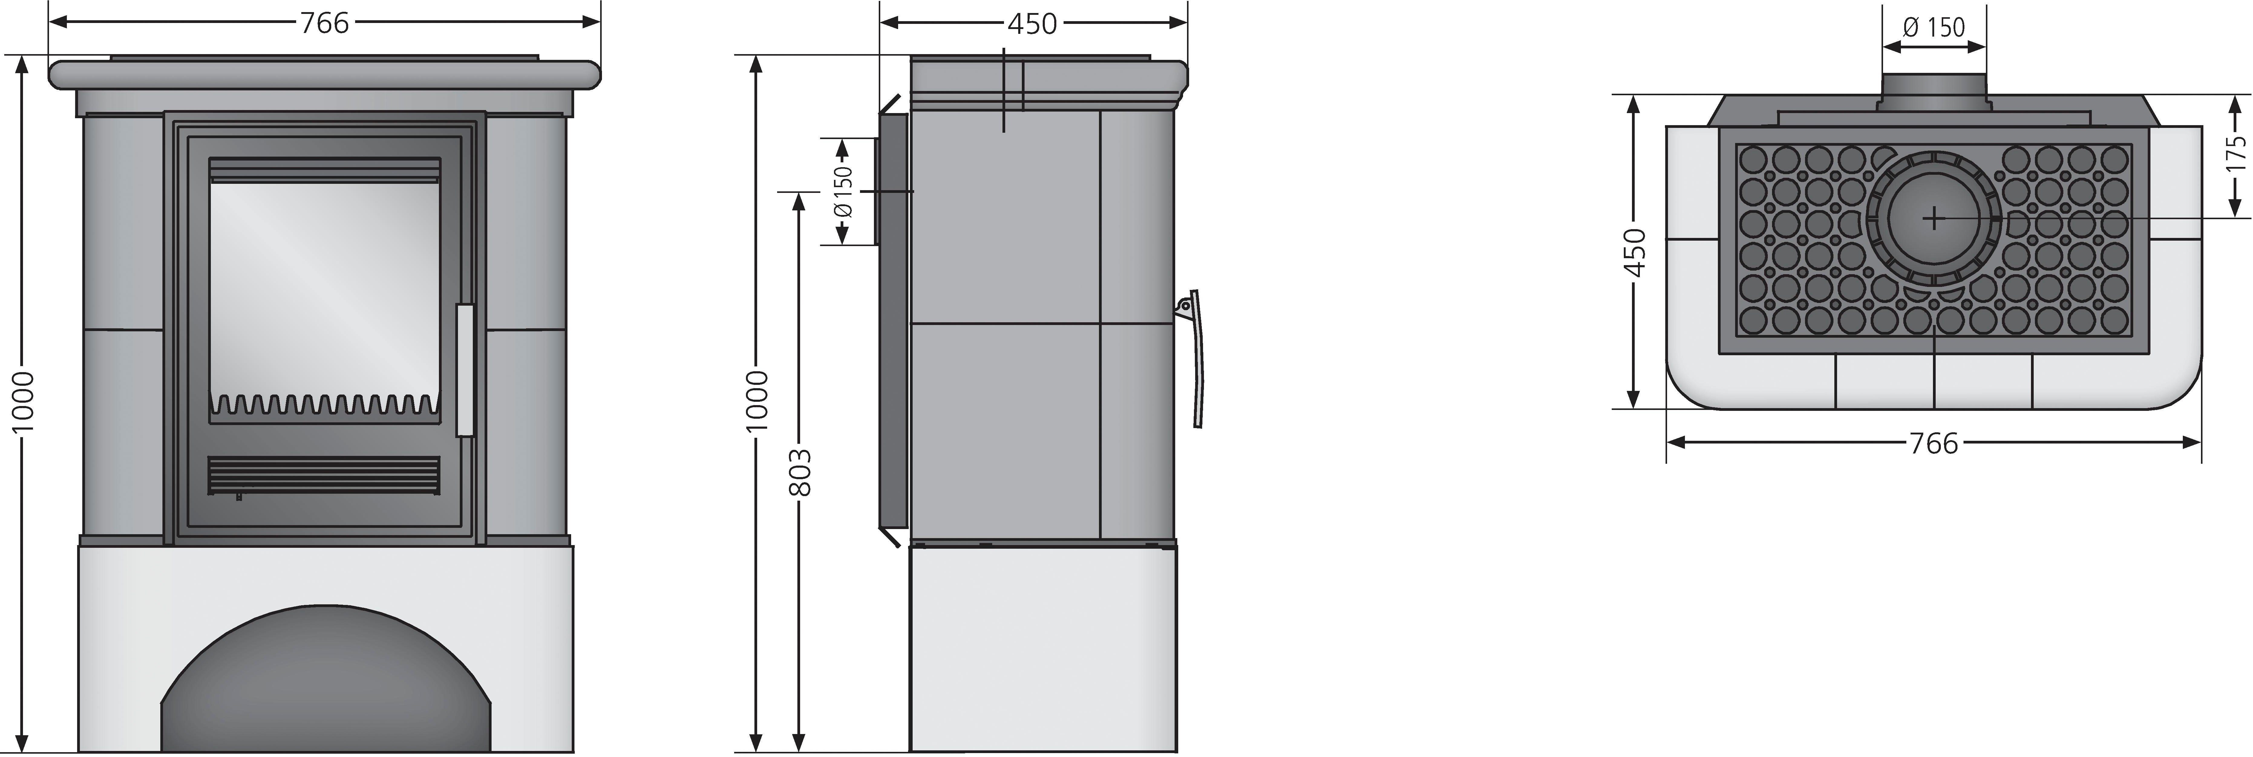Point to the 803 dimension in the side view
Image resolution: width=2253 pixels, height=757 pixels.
click(800, 473)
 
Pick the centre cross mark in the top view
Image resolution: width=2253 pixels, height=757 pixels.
click(1934, 218)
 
